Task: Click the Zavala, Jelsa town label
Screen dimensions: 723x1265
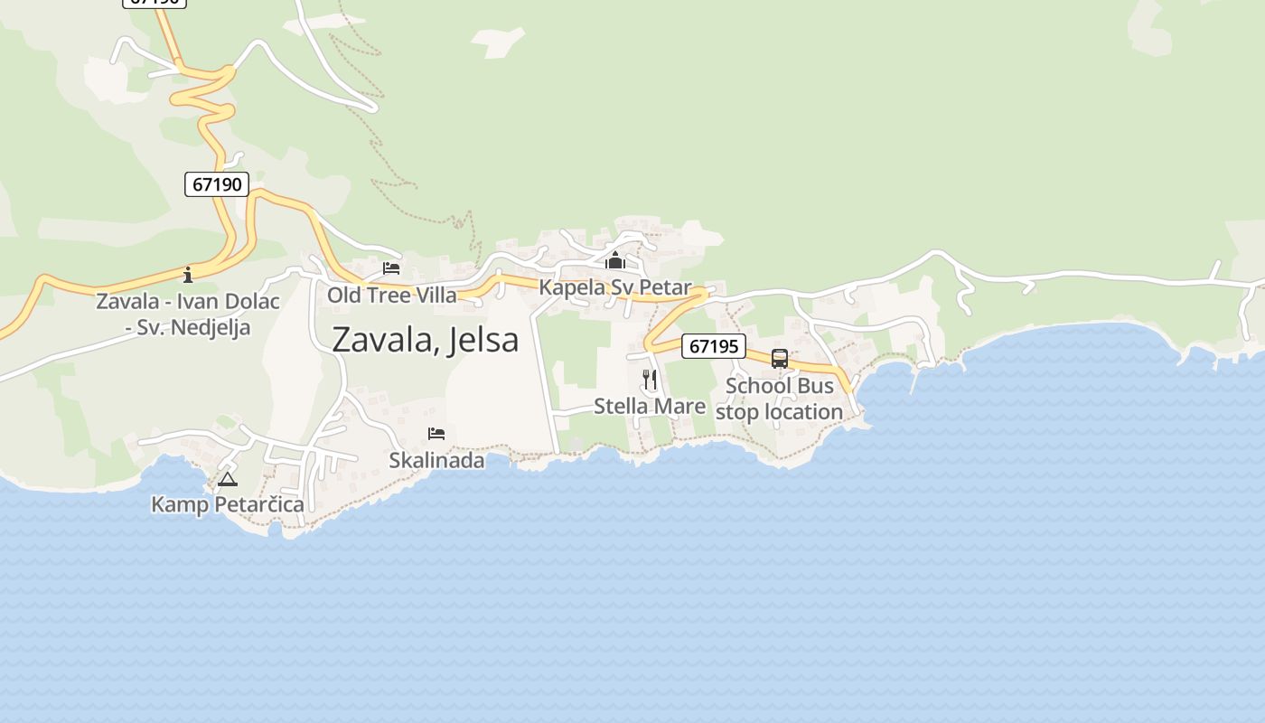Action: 425,340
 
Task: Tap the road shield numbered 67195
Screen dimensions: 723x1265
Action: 713,346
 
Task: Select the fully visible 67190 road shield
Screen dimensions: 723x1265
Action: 217,184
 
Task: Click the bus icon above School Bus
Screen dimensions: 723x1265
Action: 780,359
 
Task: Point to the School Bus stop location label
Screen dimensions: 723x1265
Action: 779,399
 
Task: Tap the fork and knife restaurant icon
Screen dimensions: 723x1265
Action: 650,380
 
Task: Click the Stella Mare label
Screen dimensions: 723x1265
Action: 650,407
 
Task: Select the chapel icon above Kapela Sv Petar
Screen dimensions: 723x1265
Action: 615,261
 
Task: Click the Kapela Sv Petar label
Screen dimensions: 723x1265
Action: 615,287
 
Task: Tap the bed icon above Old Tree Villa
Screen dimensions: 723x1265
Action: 391,268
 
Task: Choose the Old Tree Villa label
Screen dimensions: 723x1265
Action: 392,295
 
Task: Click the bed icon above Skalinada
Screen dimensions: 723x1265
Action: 436,434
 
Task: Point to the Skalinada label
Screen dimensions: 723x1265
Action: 436,460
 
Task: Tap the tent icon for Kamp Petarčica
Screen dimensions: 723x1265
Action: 227,479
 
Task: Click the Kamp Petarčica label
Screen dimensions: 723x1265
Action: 228,504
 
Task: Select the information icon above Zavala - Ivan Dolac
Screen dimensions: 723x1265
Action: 188,274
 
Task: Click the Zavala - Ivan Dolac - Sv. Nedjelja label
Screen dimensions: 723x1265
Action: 188,314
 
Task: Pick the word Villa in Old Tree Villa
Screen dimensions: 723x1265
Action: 436,295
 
